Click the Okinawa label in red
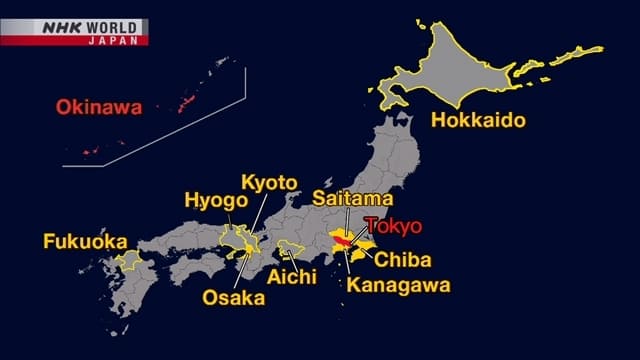(98, 106)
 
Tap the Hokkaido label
(479, 121)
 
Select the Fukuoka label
(85, 241)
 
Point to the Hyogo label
(215, 200)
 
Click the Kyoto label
(269, 182)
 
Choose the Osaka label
(234, 297)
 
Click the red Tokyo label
(393, 225)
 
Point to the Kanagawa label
(399, 284)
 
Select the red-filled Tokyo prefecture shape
(344, 241)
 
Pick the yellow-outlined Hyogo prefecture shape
(232, 240)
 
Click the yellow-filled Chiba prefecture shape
(364, 247)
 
